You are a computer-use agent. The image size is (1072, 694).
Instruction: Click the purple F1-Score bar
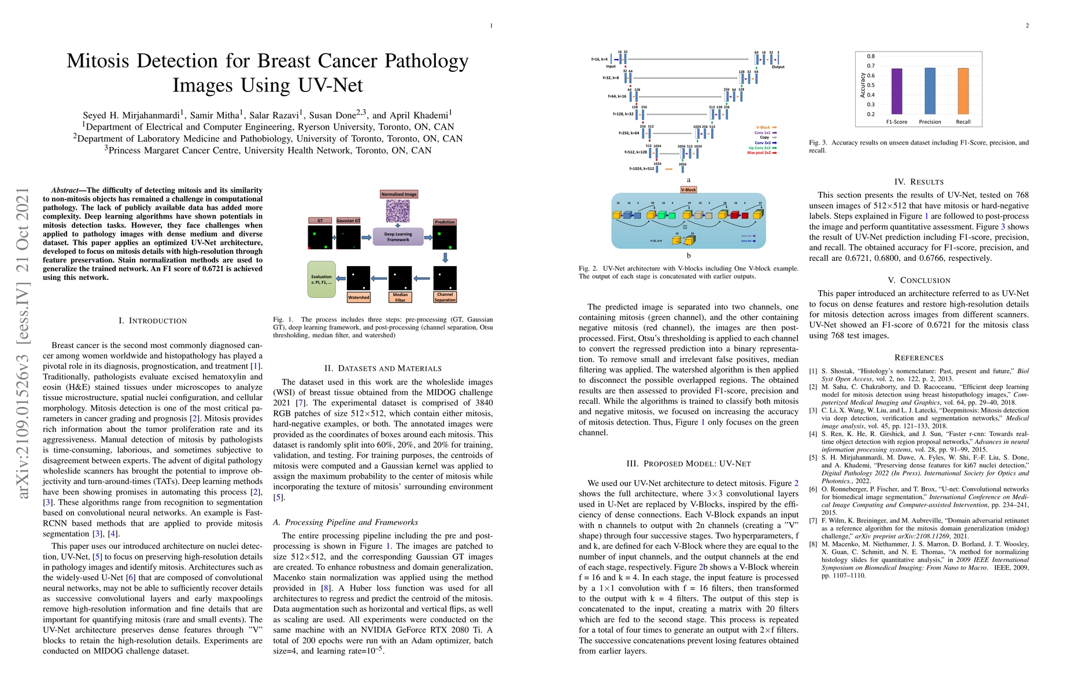[896, 91]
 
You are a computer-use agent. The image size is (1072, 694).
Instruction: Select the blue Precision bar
[930, 91]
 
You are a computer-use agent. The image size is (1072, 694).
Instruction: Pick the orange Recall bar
[963, 91]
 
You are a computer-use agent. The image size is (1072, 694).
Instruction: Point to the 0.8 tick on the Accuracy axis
[871, 56]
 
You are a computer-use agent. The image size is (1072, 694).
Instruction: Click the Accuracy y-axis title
[862, 85]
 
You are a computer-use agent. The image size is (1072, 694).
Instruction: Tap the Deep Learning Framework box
[398, 237]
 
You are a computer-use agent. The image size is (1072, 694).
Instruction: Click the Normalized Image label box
[399, 194]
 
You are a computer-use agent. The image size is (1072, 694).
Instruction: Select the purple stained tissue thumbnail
[398, 211]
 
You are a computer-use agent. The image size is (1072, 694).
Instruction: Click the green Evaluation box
[321, 279]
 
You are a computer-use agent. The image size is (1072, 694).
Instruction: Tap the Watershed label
[358, 297]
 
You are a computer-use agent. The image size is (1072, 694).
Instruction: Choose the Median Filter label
[400, 297]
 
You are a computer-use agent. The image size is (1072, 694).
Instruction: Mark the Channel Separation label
[445, 297]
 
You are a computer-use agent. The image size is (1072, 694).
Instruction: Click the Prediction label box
[445, 222]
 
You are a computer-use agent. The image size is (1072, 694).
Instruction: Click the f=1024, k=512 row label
[642, 169]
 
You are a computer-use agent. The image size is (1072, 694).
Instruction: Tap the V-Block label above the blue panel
[689, 190]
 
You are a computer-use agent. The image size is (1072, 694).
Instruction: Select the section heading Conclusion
[919, 280]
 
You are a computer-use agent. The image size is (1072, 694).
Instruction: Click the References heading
[919, 358]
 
